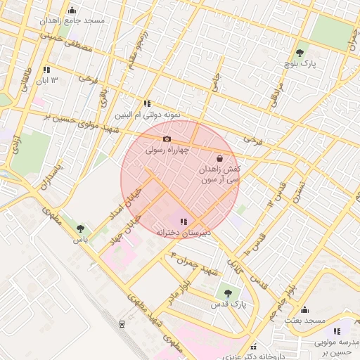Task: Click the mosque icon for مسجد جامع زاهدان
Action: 72,11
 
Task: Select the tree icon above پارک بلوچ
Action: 300,52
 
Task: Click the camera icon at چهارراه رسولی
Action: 167,139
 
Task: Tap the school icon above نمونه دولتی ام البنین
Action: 147,103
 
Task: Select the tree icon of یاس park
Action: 81,229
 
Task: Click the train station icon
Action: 122,324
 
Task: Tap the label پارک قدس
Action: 226,306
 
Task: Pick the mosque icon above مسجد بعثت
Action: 304,310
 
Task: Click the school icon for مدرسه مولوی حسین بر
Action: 337,331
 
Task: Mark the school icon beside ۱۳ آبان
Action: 46,70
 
